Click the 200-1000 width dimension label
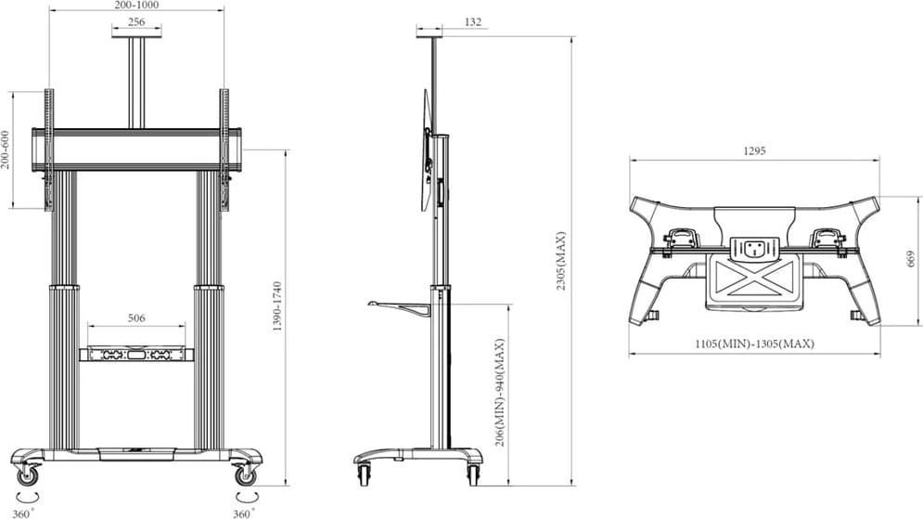tap(135, 5)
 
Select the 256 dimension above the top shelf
tap(135, 21)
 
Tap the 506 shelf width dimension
tap(136, 318)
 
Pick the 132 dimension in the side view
tap(472, 21)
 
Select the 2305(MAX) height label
tap(561, 260)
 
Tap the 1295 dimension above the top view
tap(754, 151)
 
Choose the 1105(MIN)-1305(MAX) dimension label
tap(754, 344)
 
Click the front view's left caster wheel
tap(28, 475)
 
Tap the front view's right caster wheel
tap(244, 475)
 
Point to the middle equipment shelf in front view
tap(136, 354)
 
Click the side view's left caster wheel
tap(364, 474)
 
